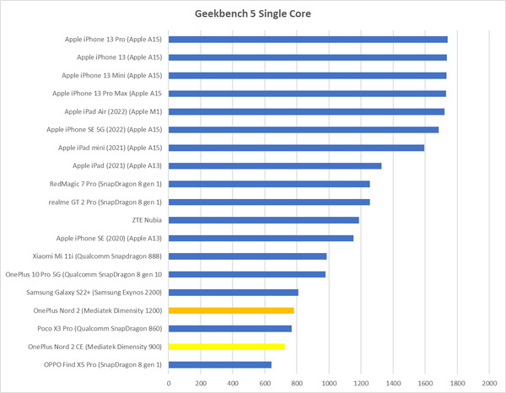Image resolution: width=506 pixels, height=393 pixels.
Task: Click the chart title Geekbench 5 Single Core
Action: point(252,14)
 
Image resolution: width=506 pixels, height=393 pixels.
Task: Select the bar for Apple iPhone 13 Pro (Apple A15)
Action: point(308,39)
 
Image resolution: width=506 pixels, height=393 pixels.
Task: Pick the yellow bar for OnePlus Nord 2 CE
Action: point(226,347)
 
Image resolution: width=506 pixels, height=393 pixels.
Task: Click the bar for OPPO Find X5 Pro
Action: point(220,364)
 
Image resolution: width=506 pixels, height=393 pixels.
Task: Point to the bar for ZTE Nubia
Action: point(264,220)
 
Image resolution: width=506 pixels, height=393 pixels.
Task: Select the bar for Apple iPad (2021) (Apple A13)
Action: point(275,165)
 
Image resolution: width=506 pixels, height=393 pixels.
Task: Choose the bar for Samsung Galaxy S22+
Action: point(234,293)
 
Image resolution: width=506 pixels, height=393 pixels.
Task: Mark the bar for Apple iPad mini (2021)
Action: point(296,148)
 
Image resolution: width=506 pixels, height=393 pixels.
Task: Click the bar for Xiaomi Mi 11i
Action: point(248,256)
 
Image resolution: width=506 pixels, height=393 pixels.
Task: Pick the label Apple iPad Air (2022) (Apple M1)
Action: point(113,111)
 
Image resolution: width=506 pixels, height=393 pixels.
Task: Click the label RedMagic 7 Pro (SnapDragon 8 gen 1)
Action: point(106,184)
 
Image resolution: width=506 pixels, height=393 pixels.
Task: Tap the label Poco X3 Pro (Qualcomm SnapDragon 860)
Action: point(100,329)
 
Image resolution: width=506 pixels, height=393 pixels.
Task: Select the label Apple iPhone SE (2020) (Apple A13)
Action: point(109,239)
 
